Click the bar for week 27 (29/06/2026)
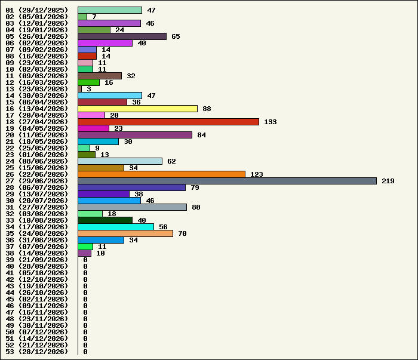(227, 181)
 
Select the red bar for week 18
(168, 122)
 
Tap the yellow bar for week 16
(138, 109)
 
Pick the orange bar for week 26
(162, 174)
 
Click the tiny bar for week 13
(79, 89)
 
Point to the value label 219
(388, 181)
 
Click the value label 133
(271, 122)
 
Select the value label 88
(207, 109)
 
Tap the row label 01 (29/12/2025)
(37, 10)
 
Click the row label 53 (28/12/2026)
(37, 352)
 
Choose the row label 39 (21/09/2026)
(37, 260)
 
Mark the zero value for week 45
(85, 299)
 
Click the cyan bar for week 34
(116, 227)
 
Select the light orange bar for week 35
(125, 233)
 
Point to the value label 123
(256, 174)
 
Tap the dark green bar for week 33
(105, 220)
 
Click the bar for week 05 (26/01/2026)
(122, 36)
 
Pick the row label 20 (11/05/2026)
(37, 135)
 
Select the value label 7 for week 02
(94, 17)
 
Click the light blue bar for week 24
(120, 161)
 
